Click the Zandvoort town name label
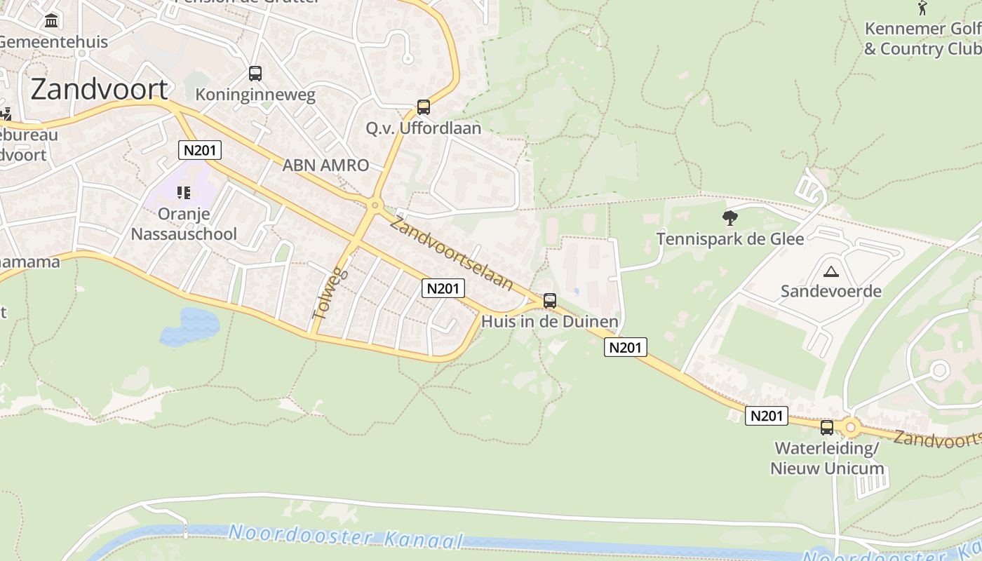99,90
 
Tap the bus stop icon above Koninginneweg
255,73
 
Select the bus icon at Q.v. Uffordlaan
423,107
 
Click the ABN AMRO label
325,165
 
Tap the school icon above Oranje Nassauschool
184,192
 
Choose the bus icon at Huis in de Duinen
550,301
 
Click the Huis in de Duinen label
550,322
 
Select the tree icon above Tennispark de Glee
729,218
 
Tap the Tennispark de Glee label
729,239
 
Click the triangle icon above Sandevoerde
831,271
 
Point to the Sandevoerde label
831,291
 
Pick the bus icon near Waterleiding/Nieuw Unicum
827,427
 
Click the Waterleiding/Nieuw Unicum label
827,458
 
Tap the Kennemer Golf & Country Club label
922,39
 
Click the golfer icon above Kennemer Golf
922,8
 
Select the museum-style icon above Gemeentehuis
51,21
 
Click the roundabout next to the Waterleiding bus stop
851,426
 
